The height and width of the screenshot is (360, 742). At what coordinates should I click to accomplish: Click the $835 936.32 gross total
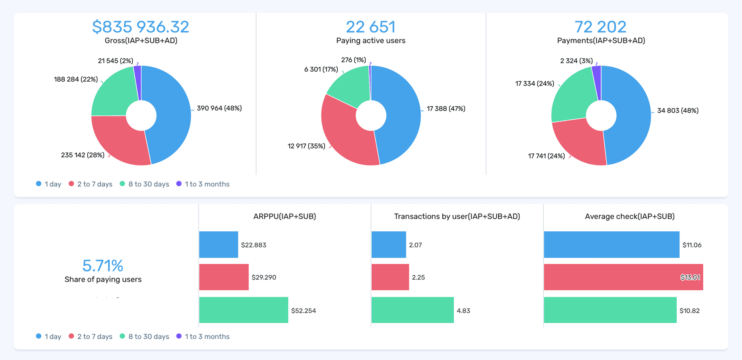click(x=141, y=27)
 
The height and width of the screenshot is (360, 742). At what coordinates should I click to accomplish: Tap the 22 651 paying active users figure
click(x=371, y=27)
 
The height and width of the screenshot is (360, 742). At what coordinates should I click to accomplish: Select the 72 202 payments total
click(x=600, y=27)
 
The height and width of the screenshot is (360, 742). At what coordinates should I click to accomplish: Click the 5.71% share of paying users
click(x=103, y=266)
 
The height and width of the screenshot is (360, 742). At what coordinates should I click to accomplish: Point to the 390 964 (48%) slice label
click(x=219, y=108)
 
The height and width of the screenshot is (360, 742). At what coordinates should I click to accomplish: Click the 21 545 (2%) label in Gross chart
click(x=116, y=61)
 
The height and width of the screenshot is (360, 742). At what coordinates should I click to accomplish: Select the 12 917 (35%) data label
click(x=306, y=146)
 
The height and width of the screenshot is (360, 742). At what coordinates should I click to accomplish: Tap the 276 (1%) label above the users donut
click(x=353, y=60)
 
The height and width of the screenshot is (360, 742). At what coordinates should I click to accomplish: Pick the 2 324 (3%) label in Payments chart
click(x=576, y=61)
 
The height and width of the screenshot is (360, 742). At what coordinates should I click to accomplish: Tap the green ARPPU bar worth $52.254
click(x=243, y=310)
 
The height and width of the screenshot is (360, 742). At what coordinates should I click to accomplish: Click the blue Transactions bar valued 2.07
click(x=388, y=244)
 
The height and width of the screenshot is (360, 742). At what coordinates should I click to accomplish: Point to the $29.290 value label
click(x=264, y=277)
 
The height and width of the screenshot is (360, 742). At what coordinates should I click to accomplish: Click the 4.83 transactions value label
click(x=463, y=311)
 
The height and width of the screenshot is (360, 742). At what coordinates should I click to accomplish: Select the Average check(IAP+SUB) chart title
click(x=630, y=217)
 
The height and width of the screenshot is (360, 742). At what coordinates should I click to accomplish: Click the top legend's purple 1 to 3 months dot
click(x=179, y=184)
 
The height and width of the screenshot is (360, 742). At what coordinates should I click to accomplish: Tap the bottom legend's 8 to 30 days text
click(x=149, y=336)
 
